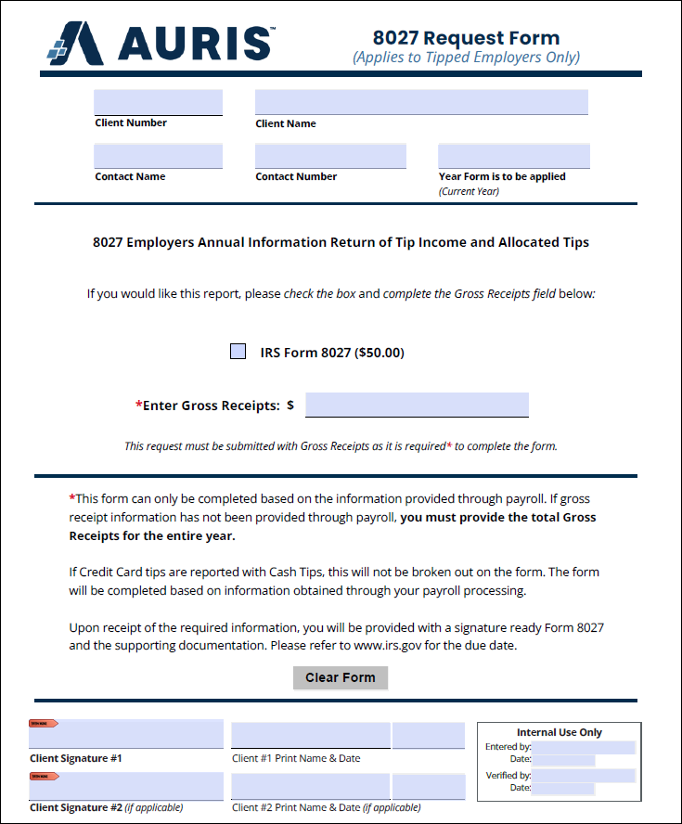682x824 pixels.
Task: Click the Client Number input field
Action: (158, 102)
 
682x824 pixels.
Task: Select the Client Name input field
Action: (421, 102)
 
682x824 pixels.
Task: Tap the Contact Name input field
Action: (158, 156)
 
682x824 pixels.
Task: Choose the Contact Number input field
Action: (330, 156)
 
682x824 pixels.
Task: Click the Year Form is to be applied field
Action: (513, 156)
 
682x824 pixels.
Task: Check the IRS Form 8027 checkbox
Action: (238, 352)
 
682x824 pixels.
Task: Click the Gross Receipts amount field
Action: (417, 405)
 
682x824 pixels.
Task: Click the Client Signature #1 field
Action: (126, 733)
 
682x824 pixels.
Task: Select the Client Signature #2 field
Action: (126, 785)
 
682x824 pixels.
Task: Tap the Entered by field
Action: (584, 747)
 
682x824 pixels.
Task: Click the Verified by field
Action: (584, 775)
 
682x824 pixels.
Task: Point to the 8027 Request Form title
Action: (466, 38)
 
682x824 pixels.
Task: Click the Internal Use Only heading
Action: (559, 732)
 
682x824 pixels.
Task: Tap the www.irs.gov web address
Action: (397, 645)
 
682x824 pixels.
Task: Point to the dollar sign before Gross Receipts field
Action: (290, 406)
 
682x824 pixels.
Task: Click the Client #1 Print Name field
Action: (310, 735)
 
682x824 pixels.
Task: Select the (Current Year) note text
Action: (469, 191)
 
